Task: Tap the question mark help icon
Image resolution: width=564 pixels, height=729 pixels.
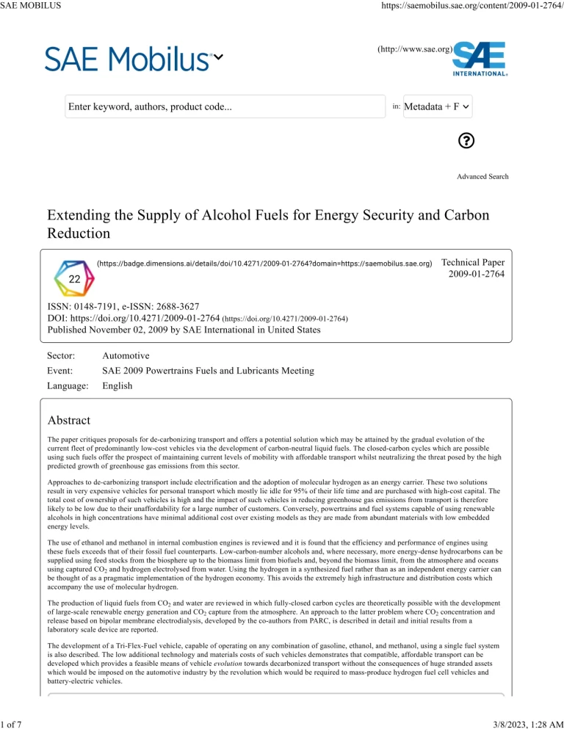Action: point(465,141)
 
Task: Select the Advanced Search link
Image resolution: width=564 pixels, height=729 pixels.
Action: point(482,176)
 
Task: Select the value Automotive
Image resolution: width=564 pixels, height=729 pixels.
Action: point(126,356)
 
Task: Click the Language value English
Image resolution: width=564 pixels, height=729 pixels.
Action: point(117,385)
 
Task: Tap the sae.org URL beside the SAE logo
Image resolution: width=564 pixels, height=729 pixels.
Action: point(414,49)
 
